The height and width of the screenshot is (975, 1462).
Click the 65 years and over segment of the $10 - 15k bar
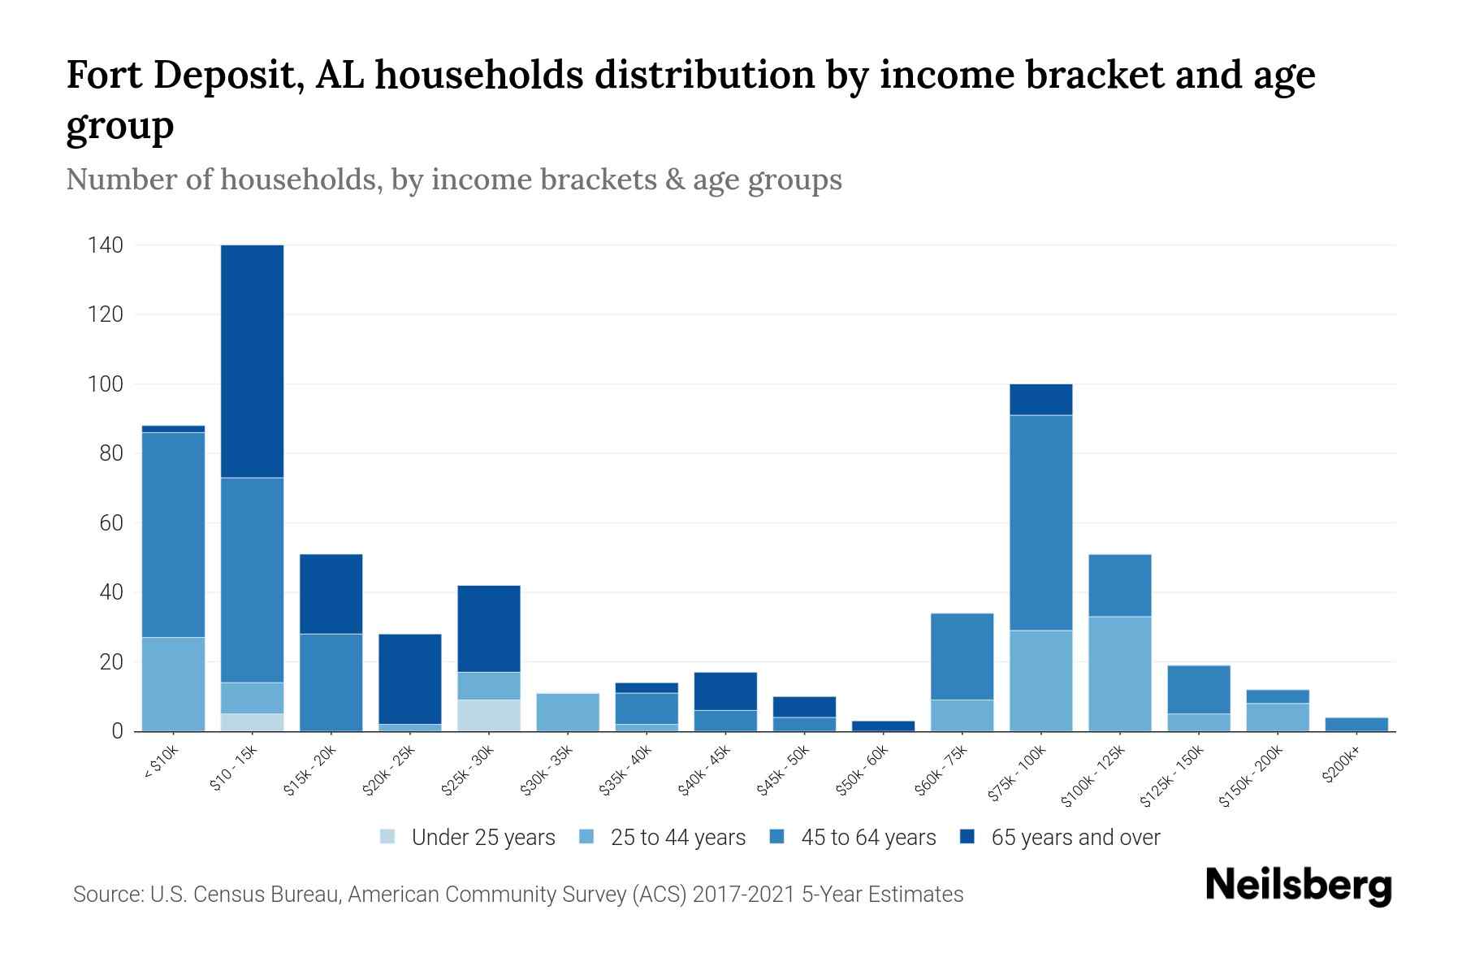click(252, 362)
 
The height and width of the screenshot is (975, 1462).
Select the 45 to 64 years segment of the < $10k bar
click(173, 535)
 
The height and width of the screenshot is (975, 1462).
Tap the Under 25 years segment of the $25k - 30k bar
click(489, 715)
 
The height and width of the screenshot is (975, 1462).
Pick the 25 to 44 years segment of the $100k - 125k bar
click(1120, 674)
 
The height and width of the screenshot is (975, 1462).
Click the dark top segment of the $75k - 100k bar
click(1040, 400)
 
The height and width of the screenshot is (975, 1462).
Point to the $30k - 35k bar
click(568, 712)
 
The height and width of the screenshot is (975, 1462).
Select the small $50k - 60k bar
click(883, 726)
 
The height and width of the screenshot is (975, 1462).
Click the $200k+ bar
click(1356, 724)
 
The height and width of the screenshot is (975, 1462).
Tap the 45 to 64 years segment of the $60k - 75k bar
click(962, 656)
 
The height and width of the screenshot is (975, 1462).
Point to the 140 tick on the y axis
click(106, 245)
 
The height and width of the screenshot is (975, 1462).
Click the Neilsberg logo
click(1298, 886)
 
